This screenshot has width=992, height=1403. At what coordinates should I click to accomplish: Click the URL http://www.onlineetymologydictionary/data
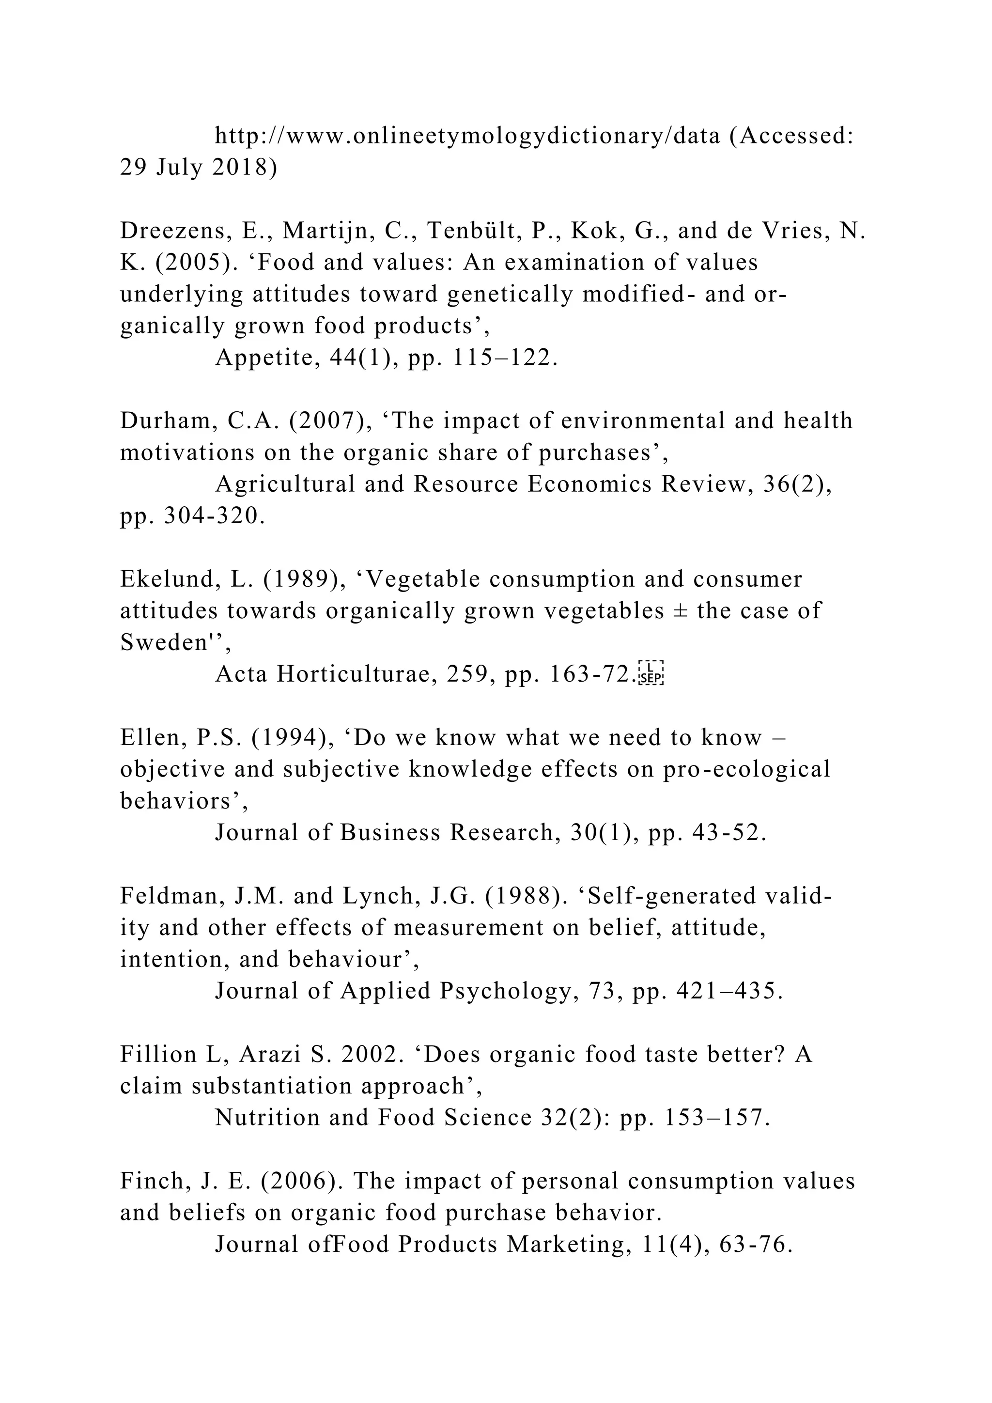click(x=467, y=136)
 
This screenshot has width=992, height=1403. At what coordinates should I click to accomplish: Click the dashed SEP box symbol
click(x=651, y=674)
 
